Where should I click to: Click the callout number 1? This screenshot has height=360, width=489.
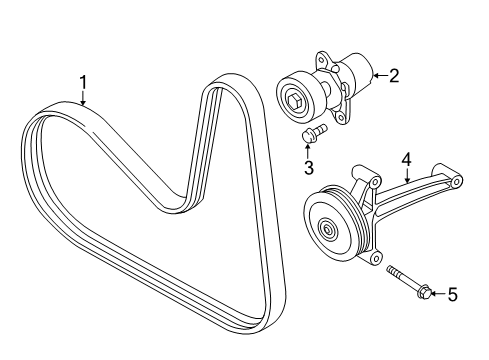coord(84,83)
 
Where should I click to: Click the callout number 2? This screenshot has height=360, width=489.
coord(393,73)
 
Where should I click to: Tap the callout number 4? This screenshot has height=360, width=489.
coord(406,158)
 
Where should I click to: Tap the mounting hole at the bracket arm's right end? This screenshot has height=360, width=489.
coord(456,181)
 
